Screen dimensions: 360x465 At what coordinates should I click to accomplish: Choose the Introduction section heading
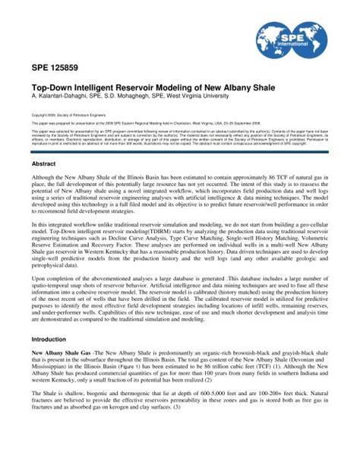(49, 339)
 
